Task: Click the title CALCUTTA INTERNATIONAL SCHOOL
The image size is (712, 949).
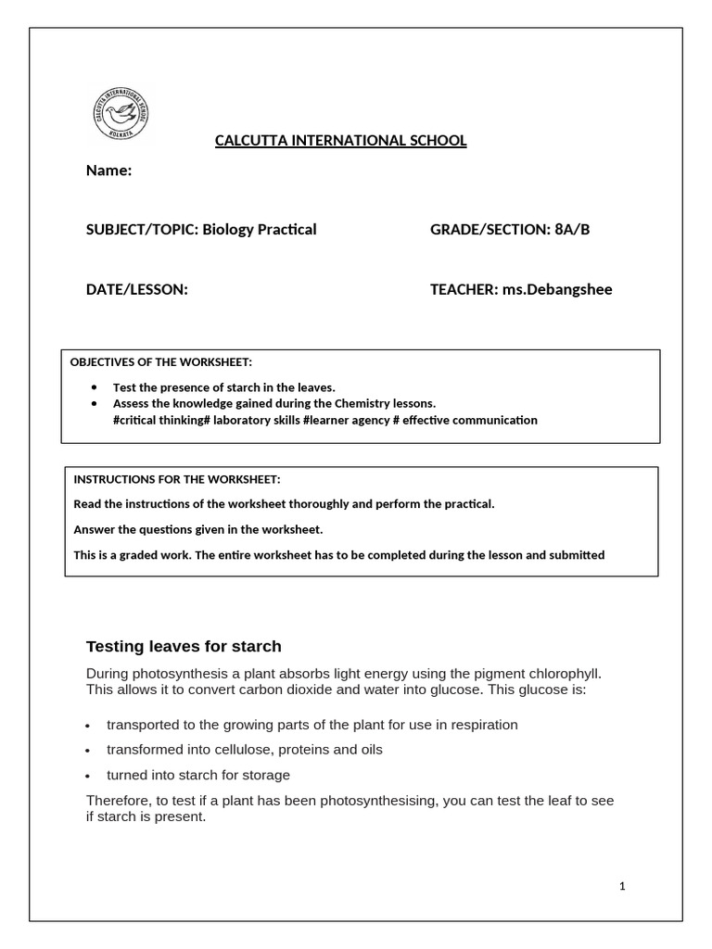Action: point(340,141)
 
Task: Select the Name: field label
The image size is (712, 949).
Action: point(108,171)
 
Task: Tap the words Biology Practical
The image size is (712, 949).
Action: point(260,230)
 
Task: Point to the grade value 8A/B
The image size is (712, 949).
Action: point(571,230)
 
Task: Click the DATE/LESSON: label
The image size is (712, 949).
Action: point(136,289)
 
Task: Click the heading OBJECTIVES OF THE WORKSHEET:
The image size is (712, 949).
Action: point(160,361)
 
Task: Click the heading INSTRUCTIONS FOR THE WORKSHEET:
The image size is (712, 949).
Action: point(176,479)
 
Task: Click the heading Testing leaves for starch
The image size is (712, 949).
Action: point(184,646)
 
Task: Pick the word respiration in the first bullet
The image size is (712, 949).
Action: point(484,725)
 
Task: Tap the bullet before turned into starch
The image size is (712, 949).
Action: point(87,776)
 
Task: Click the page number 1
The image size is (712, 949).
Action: point(623,886)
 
